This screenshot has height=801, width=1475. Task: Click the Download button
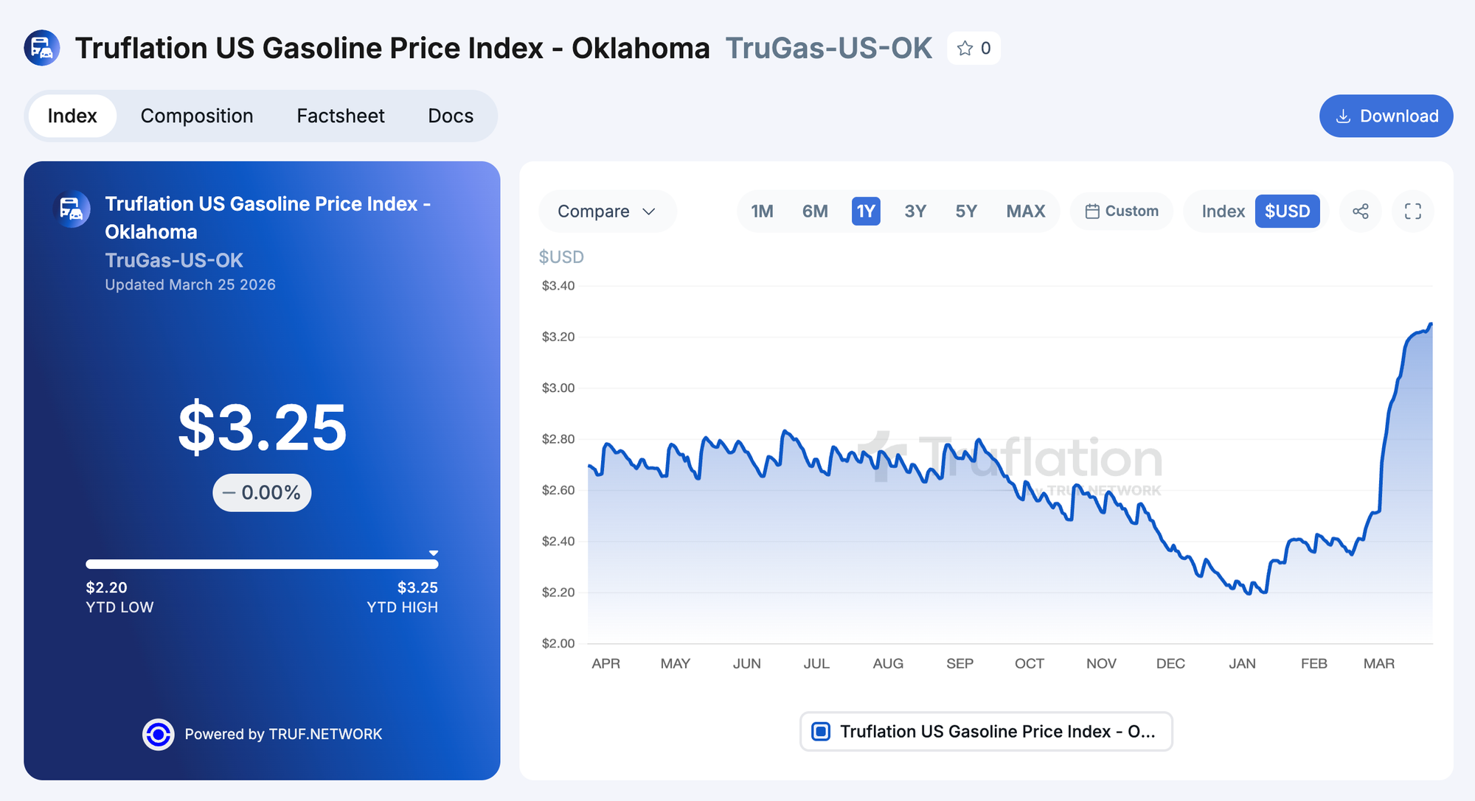pyautogui.click(x=1386, y=116)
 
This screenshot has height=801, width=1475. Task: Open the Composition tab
pyautogui.click(x=197, y=116)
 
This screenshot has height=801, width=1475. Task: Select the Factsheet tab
pyautogui.click(x=341, y=116)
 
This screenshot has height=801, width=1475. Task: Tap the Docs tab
pyautogui.click(x=451, y=116)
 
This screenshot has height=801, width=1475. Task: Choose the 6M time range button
pyautogui.click(x=815, y=211)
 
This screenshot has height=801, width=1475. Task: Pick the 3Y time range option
pyautogui.click(x=915, y=211)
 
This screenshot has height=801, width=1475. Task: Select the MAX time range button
pyautogui.click(x=1026, y=211)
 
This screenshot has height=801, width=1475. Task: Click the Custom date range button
pyautogui.click(x=1122, y=211)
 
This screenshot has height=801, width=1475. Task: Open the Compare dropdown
pyautogui.click(x=607, y=211)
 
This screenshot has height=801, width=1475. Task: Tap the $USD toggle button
pyautogui.click(x=1287, y=211)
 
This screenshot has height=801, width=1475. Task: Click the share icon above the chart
pyautogui.click(x=1361, y=211)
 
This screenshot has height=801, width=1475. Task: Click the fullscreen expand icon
pyautogui.click(x=1413, y=211)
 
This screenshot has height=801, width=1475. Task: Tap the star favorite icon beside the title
pyautogui.click(x=965, y=49)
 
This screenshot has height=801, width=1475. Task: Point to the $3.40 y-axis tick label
pyautogui.click(x=558, y=286)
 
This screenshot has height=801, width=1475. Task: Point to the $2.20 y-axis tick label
pyautogui.click(x=558, y=592)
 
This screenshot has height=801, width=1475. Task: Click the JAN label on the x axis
pyautogui.click(x=1242, y=664)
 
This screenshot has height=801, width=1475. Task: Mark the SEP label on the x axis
pyautogui.click(x=959, y=664)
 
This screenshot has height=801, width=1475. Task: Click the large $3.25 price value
pyautogui.click(x=263, y=427)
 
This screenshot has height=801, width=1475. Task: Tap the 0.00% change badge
pyautogui.click(x=263, y=493)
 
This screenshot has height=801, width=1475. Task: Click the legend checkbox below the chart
pyautogui.click(x=821, y=732)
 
